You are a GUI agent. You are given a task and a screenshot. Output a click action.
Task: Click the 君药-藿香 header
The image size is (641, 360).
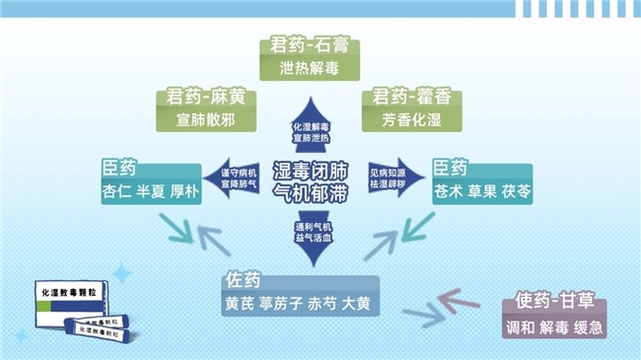click(411, 98)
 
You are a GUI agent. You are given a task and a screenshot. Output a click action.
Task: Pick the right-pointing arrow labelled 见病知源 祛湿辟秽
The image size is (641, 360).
click(388, 178)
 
